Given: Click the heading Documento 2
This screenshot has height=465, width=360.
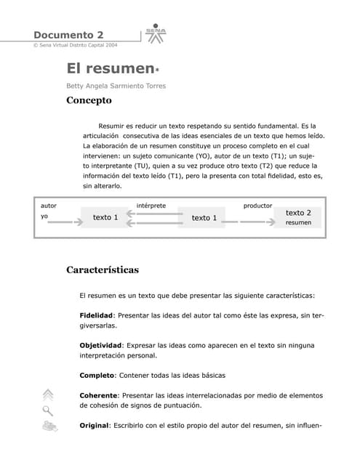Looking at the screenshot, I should pos(68,35).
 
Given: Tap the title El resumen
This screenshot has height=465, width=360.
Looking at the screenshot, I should pos(111,69).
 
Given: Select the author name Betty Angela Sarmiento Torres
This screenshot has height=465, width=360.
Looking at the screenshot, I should pos(116,86).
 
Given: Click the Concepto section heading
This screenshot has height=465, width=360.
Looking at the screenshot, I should pos(89,101).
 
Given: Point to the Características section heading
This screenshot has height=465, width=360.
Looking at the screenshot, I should pos(102,270).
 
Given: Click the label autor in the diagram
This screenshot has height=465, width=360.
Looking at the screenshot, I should pos(49,206).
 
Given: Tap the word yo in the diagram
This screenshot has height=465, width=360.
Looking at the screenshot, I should pos(44,217).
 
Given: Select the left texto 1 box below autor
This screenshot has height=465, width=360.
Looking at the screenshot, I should pos(105,217).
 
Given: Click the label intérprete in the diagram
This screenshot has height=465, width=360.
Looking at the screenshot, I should pos(151,206).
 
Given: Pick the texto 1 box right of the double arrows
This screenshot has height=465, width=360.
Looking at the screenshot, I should pos(204,218).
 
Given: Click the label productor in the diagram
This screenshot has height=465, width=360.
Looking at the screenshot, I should pos(257,206).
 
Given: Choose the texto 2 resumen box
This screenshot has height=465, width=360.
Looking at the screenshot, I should pos(298,217).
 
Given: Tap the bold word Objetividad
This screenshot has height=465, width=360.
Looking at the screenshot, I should pos(100,345).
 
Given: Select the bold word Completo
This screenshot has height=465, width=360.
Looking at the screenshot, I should pos(96,376).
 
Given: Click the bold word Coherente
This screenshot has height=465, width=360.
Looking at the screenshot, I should pos(98,395).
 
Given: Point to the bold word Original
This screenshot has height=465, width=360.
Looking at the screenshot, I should pos(93,425).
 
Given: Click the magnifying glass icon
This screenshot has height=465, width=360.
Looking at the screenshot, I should pos(48,411).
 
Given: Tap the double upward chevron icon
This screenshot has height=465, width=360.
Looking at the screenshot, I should pos(48,395).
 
